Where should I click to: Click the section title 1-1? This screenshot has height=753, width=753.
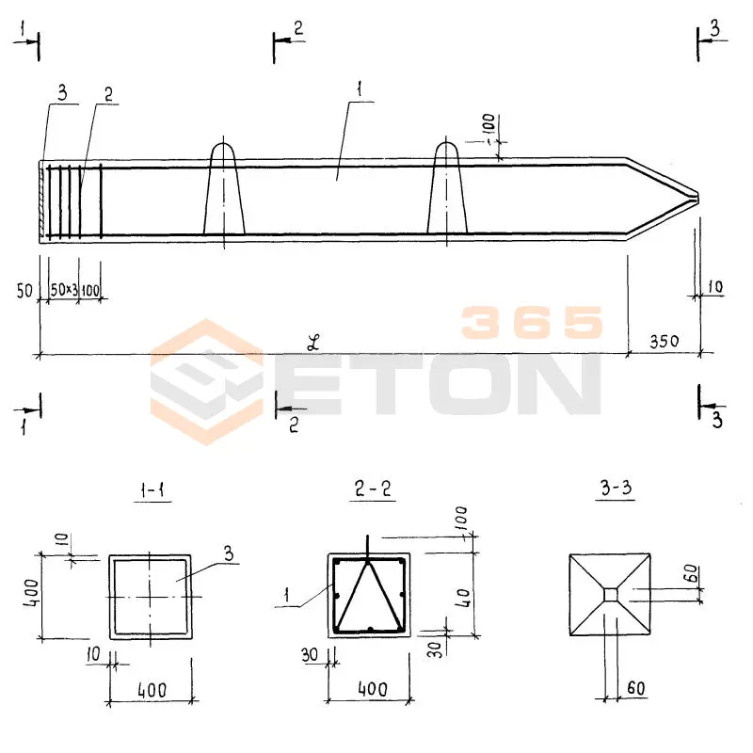151,491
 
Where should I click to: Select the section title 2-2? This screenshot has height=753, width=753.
372,491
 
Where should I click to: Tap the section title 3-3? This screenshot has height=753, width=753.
613,491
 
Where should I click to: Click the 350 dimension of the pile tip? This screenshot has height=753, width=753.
663,341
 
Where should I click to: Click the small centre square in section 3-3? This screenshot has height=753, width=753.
611,594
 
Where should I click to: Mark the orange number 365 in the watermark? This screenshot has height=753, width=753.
532,323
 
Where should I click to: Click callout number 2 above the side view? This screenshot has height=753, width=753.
108,94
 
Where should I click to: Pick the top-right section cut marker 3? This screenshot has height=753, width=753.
714,30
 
